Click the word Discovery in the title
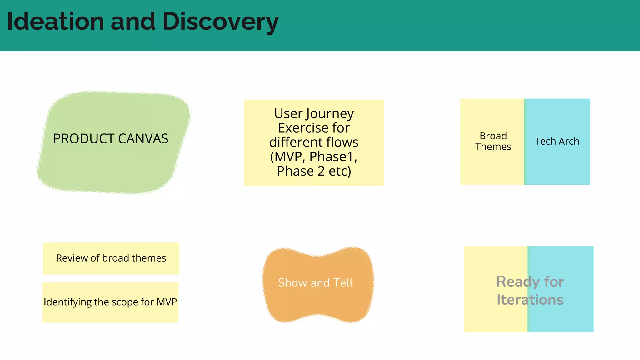(220, 22)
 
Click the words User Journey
(314, 113)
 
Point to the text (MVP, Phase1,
(314, 157)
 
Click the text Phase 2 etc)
(314, 171)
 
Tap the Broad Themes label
(493, 141)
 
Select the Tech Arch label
(557, 141)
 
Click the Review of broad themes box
(111, 258)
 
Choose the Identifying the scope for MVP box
(110, 302)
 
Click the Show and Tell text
(315, 282)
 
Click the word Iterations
(530, 300)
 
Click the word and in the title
(133, 21)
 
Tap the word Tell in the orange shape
(343, 282)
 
